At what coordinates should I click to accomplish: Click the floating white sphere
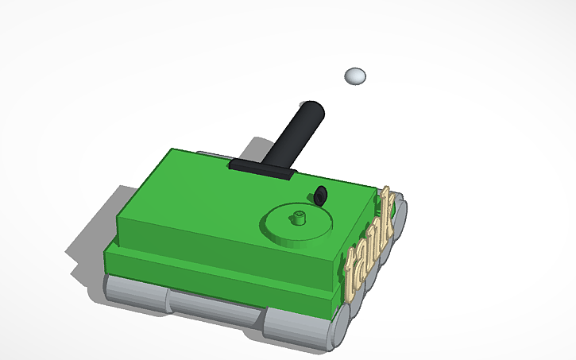coord(355,76)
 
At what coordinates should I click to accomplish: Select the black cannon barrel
coord(293,135)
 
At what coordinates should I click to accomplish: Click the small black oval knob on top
coord(321,195)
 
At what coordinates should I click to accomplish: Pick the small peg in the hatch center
coord(300,217)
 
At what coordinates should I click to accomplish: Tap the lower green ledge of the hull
coord(215,274)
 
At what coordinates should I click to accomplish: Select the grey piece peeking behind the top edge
coord(211,152)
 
